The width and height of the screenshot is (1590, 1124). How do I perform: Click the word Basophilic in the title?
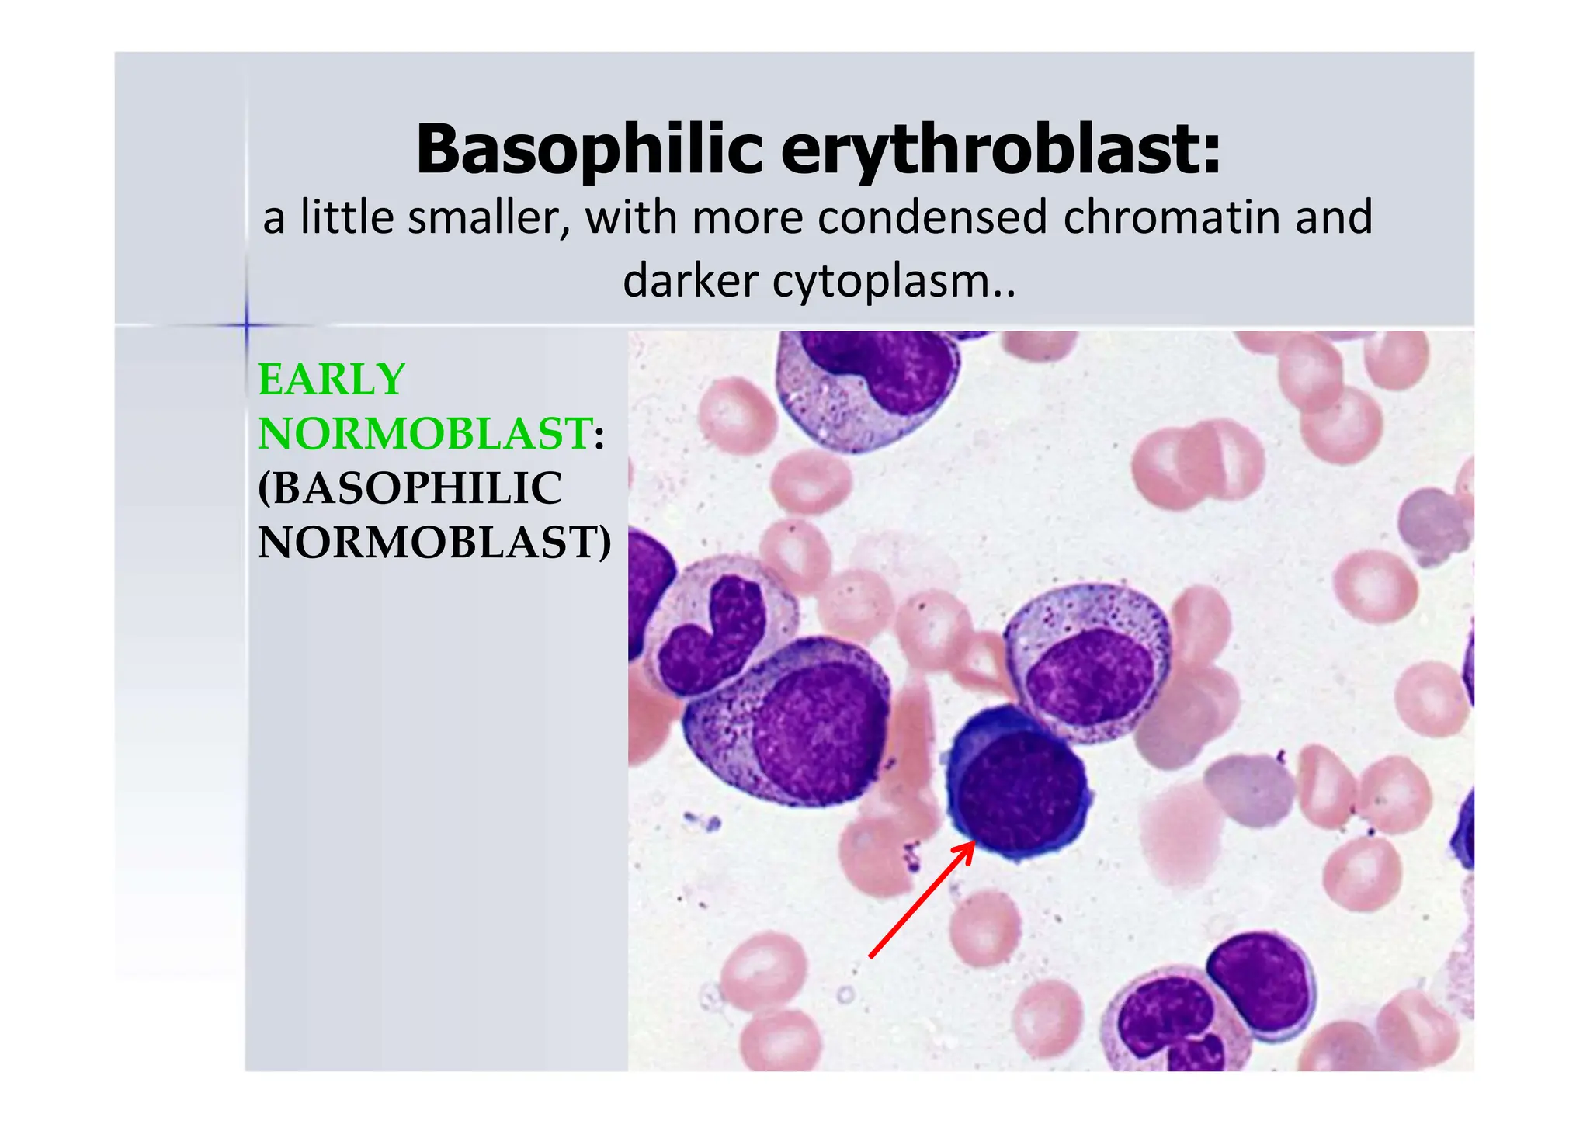pyautogui.click(x=589, y=150)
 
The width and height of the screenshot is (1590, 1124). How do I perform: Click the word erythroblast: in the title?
pyautogui.click(x=1001, y=150)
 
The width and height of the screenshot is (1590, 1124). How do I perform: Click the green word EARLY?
pyautogui.click(x=332, y=380)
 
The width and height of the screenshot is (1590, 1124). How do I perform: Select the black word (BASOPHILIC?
pyautogui.click(x=410, y=487)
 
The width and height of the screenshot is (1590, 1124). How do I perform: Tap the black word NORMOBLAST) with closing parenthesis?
pyautogui.click(x=434, y=542)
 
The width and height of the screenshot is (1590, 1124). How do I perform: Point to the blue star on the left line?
pyautogui.click(x=247, y=324)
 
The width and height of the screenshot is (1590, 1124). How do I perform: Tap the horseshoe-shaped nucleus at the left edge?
pyautogui.click(x=710, y=637)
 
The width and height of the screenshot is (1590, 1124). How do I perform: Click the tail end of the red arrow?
pyautogui.click(x=871, y=956)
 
